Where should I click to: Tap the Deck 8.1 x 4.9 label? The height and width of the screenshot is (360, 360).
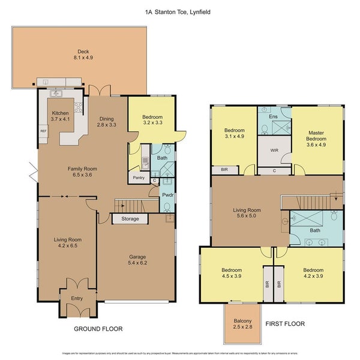pos(79,55)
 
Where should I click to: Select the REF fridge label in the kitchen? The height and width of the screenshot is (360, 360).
pos(43,131)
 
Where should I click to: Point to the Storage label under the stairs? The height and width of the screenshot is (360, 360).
pos(130,219)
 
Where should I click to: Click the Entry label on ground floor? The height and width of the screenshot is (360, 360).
pos(76,298)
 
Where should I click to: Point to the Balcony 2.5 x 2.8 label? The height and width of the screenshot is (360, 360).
pos(243,324)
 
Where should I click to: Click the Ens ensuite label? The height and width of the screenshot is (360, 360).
pos(273,116)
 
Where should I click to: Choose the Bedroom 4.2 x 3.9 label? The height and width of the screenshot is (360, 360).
pos(313,274)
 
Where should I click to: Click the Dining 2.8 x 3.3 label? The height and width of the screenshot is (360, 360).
pos(106,122)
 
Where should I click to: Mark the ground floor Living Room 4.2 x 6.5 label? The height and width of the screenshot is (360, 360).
pos(67,243)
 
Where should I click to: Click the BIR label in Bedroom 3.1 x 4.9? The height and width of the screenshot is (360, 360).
pos(224,170)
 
